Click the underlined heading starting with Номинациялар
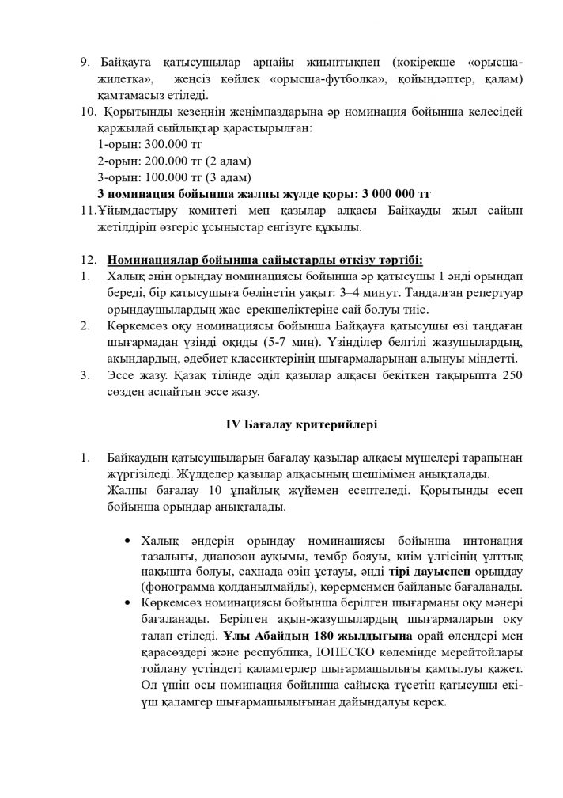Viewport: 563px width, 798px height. [x=265, y=260]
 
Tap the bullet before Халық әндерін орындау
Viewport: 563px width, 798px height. [x=129, y=541]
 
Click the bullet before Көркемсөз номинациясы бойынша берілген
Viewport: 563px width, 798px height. [x=129, y=602]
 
